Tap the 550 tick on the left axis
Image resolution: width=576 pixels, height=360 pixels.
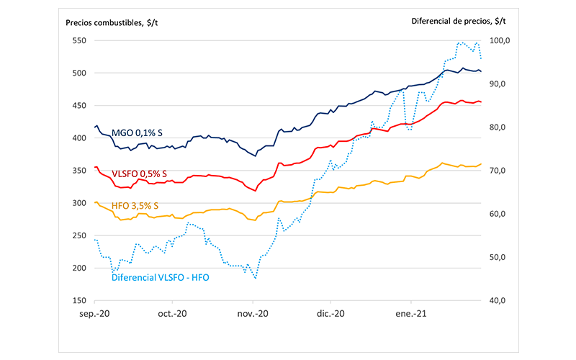pyautogui.click(x=79, y=40)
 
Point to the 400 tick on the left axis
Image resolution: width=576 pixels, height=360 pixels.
pyautogui.click(x=79, y=138)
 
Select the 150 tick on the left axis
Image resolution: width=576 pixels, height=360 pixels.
pyautogui.click(x=79, y=301)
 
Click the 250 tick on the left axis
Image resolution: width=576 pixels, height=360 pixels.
pyautogui.click(x=79, y=236)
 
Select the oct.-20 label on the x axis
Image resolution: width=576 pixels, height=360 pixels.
pyautogui.click(x=173, y=315)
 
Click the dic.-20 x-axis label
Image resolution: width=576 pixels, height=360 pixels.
pyautogui.click(x=330, y=315)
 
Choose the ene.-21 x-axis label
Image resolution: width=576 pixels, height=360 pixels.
pyautogui.click(x=410, y=315)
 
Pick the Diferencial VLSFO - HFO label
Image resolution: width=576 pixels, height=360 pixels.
pyautogui.click(x=160, y=276)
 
